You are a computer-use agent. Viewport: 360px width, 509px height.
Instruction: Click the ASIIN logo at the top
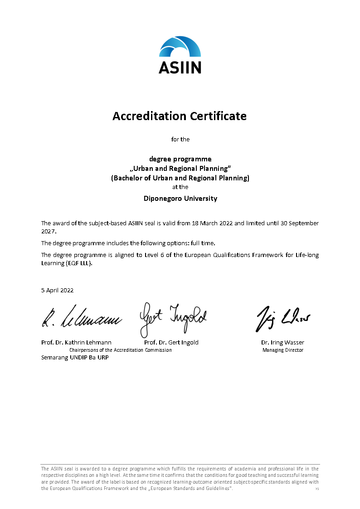[x=180, y=55]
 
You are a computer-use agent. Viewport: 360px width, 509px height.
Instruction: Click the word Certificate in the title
[x=218, y=116]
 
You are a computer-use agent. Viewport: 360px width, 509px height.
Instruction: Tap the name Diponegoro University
[x=180, y=199]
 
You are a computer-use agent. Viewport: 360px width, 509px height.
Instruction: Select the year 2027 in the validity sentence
[x=48, y=231]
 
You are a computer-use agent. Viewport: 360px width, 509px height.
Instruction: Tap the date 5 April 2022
[x=57, y=290]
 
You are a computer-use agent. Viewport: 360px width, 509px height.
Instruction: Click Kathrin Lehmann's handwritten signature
[x=82, y=317]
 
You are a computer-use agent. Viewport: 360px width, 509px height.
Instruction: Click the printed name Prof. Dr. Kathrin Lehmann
[x=76, y=342]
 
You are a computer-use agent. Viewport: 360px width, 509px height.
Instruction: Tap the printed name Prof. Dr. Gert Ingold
[x=171, y=342]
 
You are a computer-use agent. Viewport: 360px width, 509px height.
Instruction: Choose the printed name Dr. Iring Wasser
[x=282, y=342]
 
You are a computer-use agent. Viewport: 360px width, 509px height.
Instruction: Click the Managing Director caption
[x=283, y=350]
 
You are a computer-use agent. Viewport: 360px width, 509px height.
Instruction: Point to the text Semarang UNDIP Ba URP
[x=75, y=357]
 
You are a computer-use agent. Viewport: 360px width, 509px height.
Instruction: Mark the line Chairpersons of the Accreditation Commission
[x=120, y=350]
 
